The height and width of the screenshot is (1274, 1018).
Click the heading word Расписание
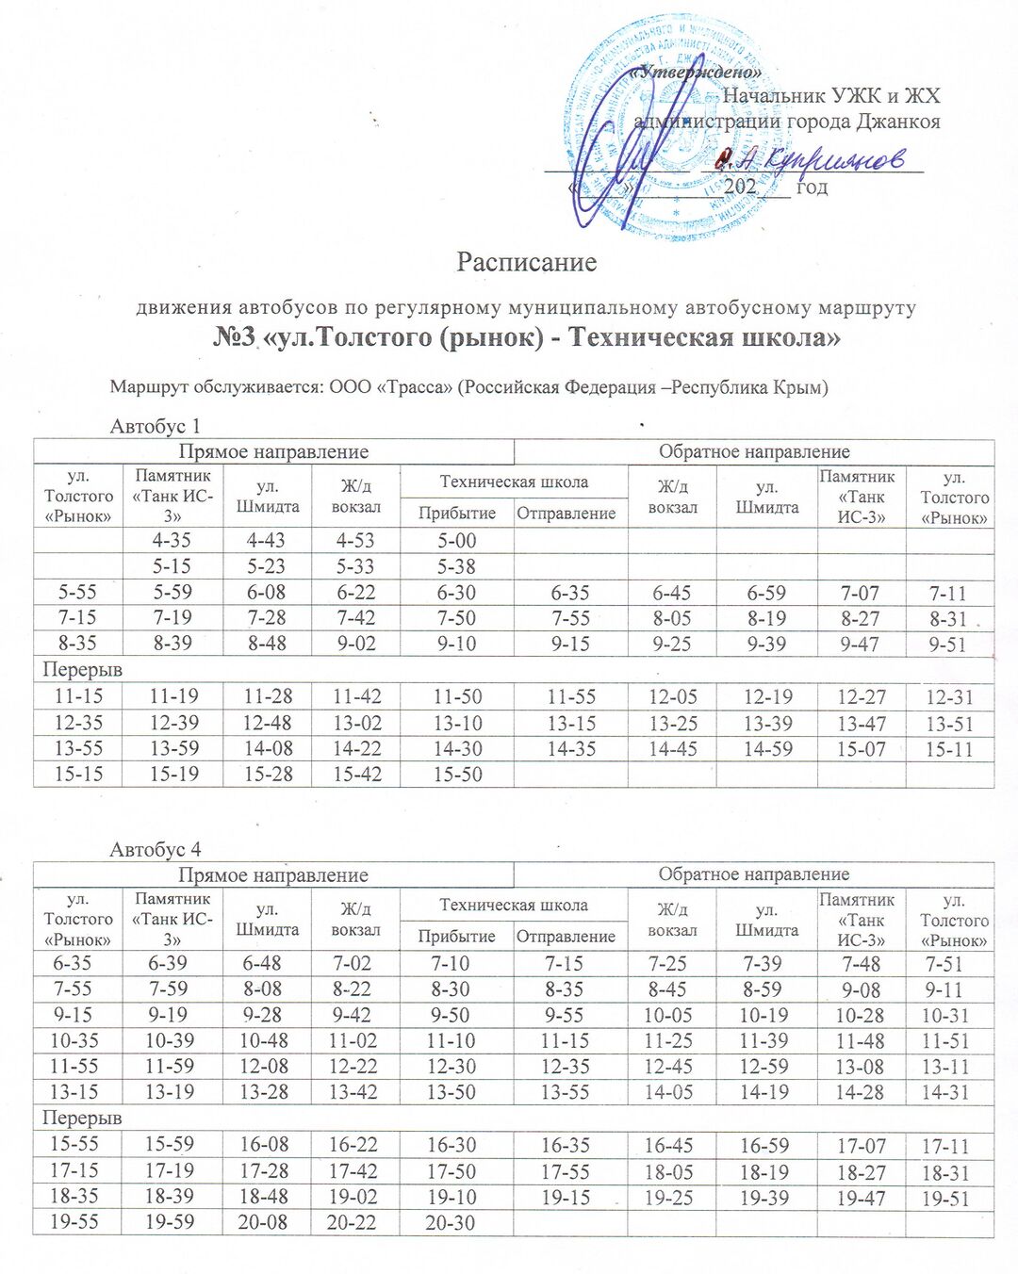(x=526, y=261)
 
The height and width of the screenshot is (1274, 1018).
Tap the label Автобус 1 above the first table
(x=156, y=426)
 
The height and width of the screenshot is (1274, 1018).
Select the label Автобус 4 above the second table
(x=156, y=849)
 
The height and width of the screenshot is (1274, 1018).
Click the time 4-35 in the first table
(x=172, y=541)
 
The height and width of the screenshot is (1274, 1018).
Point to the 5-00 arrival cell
(x=457, y=541)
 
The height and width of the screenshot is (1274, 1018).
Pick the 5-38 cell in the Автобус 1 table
(x=457, y=566)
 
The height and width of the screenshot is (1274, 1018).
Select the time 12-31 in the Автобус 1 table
(x=949, y=697)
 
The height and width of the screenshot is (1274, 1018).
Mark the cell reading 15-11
(x=949, y=750)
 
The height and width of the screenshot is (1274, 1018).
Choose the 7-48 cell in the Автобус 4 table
(x=861, y=964)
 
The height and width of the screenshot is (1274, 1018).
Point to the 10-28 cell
(x=861, y=1016)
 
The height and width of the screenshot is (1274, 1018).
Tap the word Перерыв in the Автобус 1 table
(x=83, y=670)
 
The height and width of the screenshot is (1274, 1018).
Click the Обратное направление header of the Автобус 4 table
(x=754, y=874)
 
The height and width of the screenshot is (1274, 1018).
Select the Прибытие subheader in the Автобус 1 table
(x=457, y=513)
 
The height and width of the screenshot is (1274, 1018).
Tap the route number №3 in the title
(x=235, y=337)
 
